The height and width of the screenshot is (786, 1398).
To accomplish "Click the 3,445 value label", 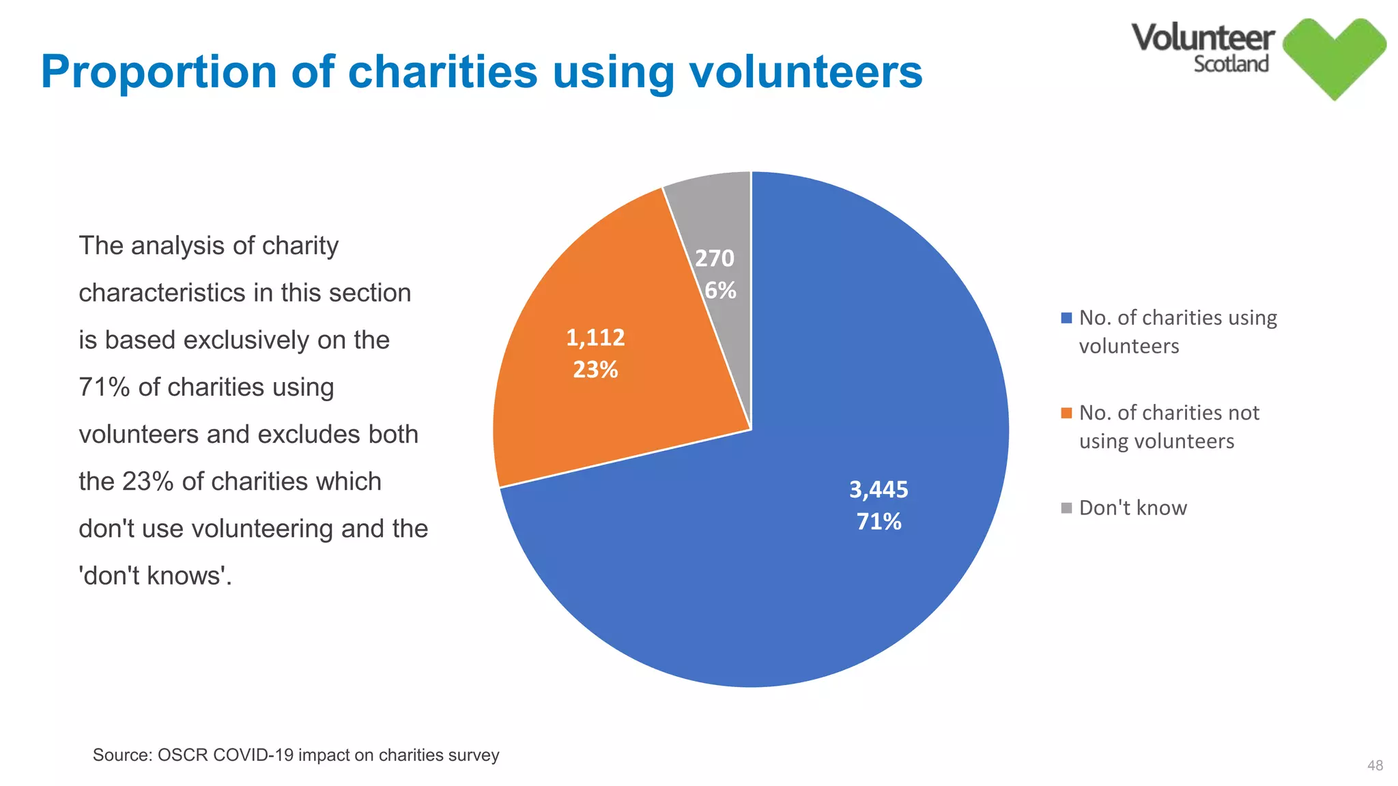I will (x=879, y=489).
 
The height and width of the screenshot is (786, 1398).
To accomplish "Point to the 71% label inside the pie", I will (x=879, y=521).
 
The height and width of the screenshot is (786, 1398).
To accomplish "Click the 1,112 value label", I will (x=595, y=337).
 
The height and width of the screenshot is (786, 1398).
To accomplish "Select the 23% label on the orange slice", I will (x=595, y=369).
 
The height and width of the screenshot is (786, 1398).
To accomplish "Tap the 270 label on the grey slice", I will (x=715, y=258).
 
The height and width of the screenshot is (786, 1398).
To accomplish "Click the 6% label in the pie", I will (x=720, y=290).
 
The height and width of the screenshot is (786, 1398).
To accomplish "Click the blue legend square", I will (x=1066, y=318).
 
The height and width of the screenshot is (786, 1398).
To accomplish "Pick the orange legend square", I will (x=1066, y=413).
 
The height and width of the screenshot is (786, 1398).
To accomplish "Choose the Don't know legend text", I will (x=1132, y=508).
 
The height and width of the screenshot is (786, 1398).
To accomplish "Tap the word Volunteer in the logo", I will (x=1203, y=38).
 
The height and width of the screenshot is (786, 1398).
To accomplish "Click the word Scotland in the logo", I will (x=1231, y=64).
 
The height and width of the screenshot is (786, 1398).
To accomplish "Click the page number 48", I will (x=1375, y=766).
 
